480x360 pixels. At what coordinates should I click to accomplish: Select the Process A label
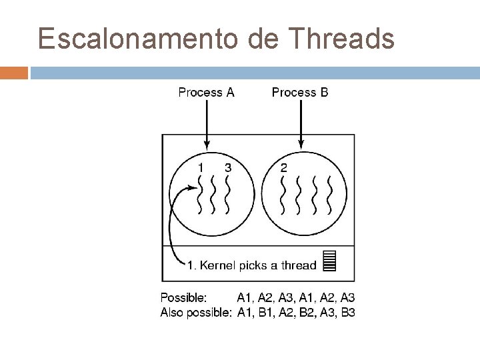(206, 93)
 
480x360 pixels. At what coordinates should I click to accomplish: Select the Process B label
(300, 93)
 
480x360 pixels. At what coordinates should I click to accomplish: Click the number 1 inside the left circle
(201, 168)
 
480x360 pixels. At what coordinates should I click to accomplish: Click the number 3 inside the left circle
(228, 168)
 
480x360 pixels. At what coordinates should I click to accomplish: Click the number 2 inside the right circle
(284, 168)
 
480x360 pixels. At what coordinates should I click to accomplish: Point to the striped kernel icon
(328, 261)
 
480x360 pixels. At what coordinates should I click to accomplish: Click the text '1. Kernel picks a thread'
(251, 265)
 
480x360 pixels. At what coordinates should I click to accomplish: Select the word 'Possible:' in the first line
(183, 297)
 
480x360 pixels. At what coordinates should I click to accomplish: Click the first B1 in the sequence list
(267, 312)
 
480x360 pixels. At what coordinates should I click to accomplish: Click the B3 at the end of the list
(347, 312)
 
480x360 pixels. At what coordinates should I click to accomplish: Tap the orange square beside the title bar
(13, 72)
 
